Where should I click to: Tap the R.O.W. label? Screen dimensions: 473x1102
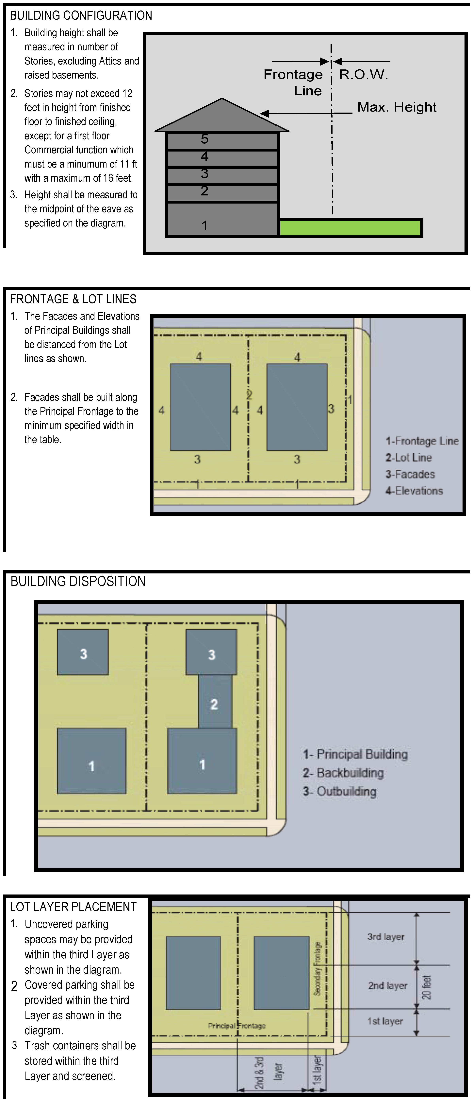point(364,74)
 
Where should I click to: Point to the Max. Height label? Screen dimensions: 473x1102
point(397,107)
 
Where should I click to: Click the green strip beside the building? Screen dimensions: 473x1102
point(350,228)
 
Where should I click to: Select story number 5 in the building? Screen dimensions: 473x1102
point(205,139)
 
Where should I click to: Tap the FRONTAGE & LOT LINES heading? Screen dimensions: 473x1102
point(73,299)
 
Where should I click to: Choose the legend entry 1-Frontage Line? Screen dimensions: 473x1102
point(422,441)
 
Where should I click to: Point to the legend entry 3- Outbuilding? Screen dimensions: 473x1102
point(340,791)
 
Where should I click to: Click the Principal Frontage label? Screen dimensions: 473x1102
point(237,1026)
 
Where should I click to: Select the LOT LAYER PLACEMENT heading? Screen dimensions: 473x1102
point(73,907)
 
